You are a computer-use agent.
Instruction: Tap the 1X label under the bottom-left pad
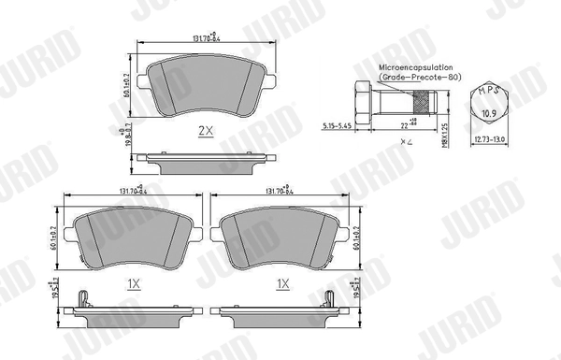coord(133,281)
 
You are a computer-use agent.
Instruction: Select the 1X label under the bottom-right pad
coord(280,281)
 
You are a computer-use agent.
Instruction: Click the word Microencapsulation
coord(417,68)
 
